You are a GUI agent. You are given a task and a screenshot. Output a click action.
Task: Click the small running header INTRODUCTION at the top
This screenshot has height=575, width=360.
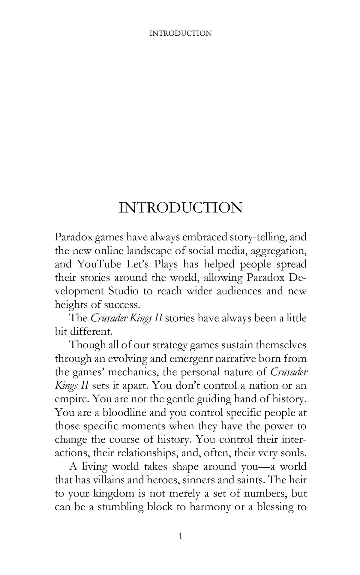180,33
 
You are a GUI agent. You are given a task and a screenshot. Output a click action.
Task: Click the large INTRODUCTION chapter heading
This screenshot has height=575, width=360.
180,208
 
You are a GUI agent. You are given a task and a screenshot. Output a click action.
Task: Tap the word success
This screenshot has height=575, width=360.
122,305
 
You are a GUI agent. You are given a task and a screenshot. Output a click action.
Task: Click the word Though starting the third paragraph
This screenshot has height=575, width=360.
86,345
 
